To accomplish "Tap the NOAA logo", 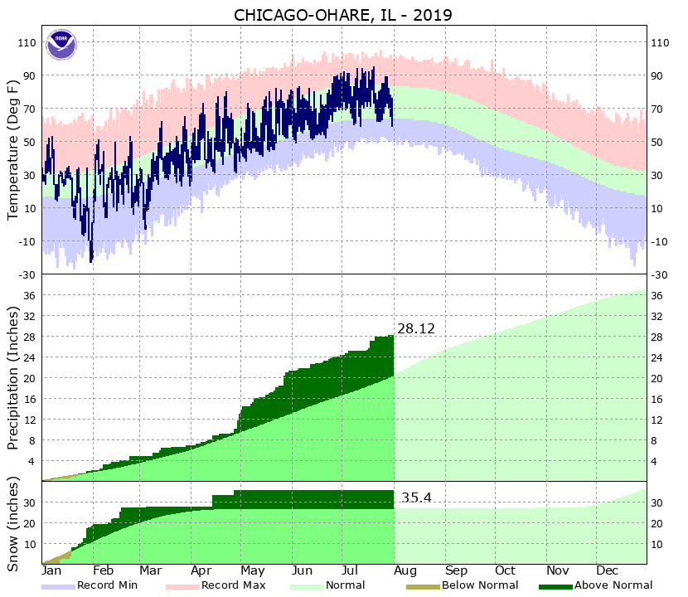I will point(61,44).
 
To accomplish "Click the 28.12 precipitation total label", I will point(415,329).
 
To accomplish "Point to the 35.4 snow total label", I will point(416,498).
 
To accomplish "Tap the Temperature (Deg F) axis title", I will point(13,149).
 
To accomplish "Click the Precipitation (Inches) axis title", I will point(13,377).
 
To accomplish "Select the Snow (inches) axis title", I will point(13,524).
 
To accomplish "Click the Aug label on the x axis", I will point(404,571).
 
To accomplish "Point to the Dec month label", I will point(607,571).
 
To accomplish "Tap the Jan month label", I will point(51,571).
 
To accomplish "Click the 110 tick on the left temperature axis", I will point(27,43).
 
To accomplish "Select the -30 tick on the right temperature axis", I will point(661,275).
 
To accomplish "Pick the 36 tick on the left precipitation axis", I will point(30,296).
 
